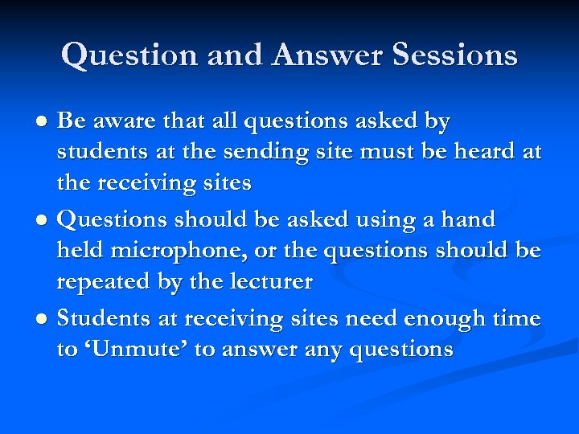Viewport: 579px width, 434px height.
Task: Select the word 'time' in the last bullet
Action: coord(516,318)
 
